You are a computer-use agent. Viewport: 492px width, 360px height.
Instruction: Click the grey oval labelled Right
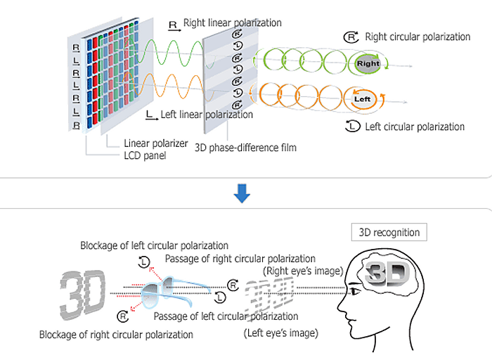[x=368, y=63]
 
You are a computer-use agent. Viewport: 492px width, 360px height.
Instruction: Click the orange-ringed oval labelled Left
[x=363, y=99]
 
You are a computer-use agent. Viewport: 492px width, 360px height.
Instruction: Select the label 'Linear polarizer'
[x=156, y=143]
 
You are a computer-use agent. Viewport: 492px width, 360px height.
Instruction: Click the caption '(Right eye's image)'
[x=302, y=271]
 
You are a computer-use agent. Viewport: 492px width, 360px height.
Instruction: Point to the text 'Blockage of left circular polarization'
[x=154, y=246]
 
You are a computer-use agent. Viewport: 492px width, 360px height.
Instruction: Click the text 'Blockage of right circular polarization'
[x=116, y=335]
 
